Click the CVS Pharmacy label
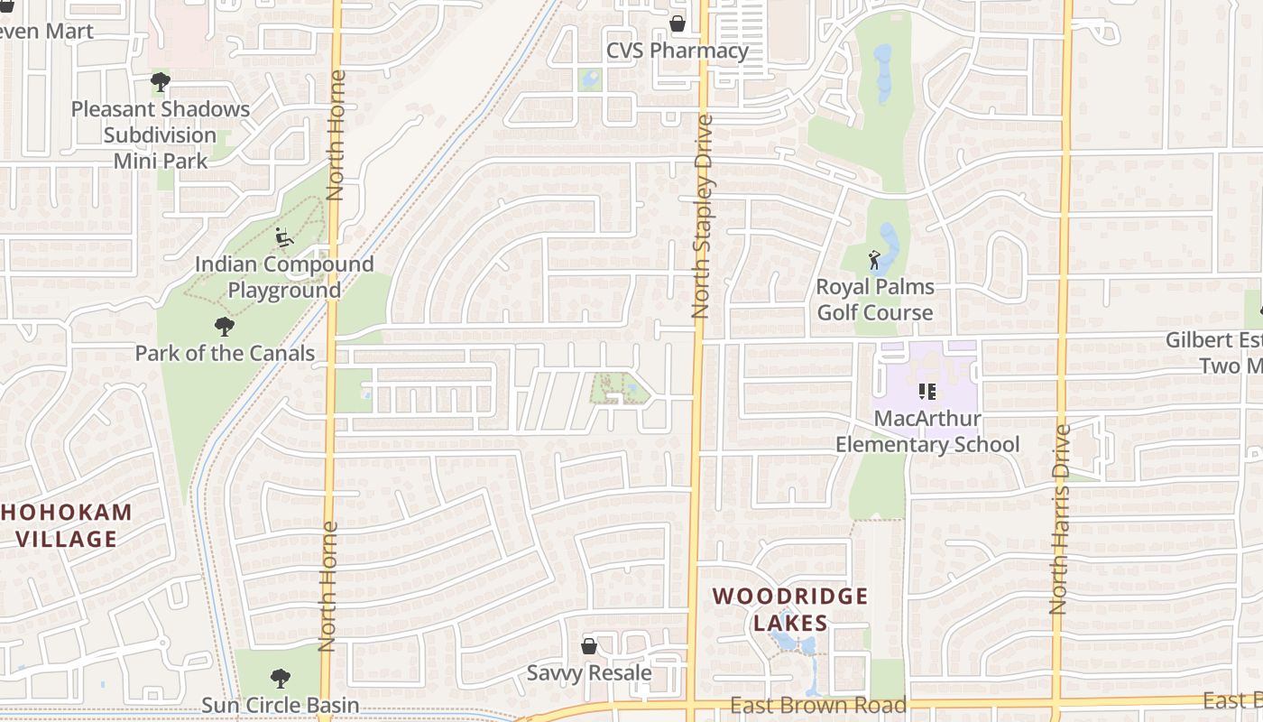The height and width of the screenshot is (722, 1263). pos(677,51)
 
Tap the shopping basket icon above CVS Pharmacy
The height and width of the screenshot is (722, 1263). pos(677,23)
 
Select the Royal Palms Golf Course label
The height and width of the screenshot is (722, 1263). pos(874,300)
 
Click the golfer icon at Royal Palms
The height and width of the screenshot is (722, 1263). pos(874,261)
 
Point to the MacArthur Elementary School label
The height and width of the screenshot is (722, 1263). pos(927,432)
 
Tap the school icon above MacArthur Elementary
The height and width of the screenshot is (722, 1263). pos(927,392)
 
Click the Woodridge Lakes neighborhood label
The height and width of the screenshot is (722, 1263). pos(790,609)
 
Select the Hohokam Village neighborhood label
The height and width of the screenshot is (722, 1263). pos(66,526)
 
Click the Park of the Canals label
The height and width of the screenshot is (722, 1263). pos(225,353)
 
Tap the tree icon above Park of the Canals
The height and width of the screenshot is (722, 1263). pos(225,326)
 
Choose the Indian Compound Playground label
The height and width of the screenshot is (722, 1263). pos(284,277)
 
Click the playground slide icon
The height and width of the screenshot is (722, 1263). pos(284,237)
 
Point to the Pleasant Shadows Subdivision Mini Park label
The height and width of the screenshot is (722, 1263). pos(161,135)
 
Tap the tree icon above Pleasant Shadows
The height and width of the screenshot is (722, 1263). pos(161,83)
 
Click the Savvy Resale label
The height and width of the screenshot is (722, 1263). pos(589,673)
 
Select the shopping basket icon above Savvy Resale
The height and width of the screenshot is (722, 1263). pos(589,646)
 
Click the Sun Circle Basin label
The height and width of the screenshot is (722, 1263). pos(280,705)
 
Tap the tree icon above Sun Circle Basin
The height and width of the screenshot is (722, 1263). pos(281,678)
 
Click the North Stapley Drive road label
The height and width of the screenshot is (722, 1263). pos(701,217)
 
